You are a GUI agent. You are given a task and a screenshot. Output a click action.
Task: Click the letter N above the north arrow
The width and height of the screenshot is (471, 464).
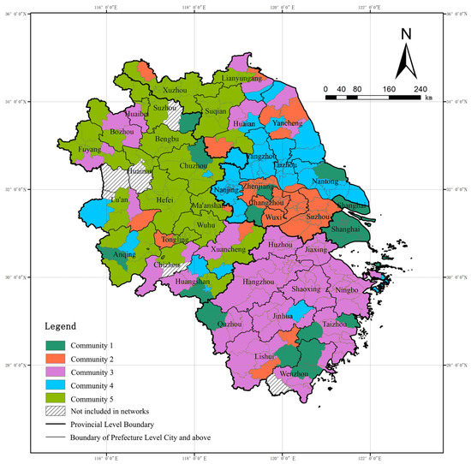click(x=407, y=35)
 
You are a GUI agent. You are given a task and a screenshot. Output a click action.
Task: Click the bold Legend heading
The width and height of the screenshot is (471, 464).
click(x=61, y=326)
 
